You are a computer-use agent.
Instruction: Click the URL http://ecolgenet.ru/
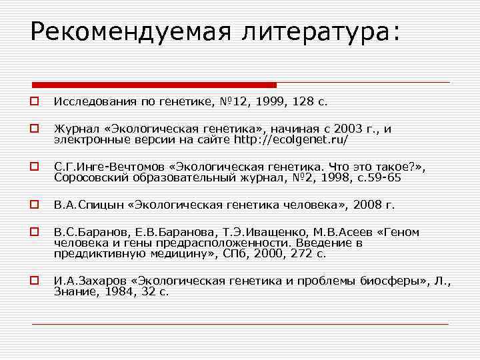[x=291, y=140]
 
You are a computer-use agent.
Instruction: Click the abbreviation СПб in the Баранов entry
[x=249, y=253]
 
